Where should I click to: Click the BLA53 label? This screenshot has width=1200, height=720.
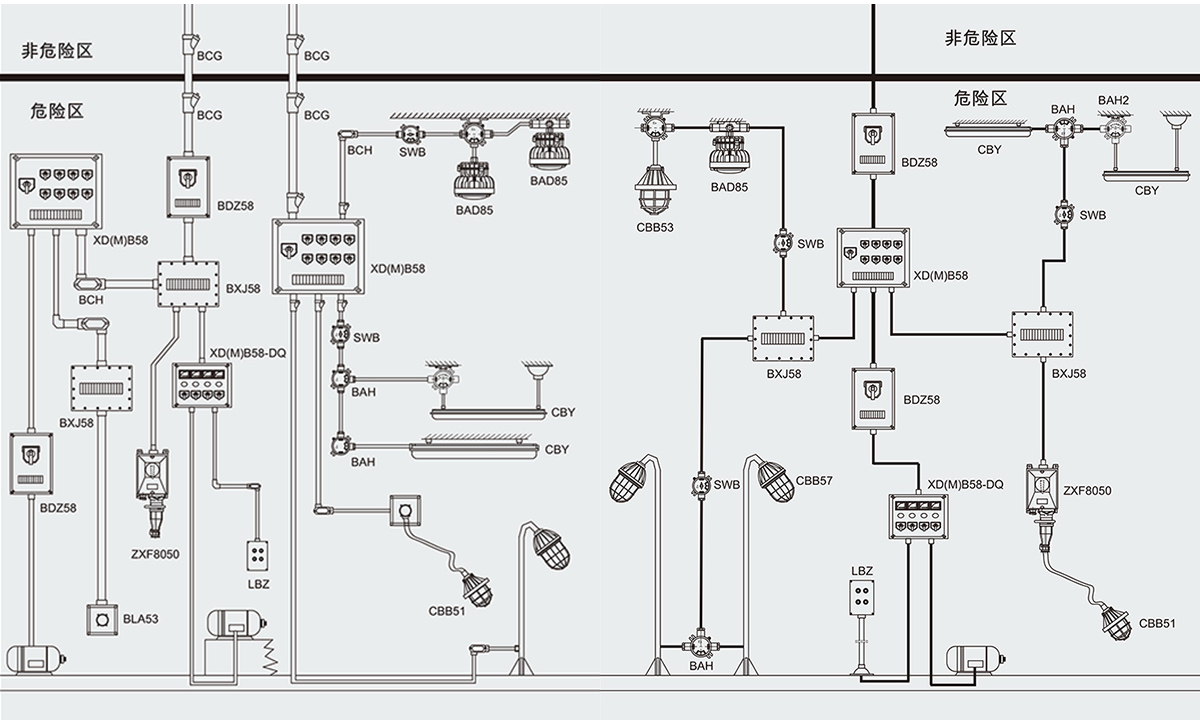141,619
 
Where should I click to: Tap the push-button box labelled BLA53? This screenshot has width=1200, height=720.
101,620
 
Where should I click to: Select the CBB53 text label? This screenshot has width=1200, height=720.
655,227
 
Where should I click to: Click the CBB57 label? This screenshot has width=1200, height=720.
814,481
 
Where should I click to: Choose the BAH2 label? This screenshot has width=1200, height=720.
1113,101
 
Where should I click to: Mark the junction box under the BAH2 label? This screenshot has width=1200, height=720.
1112,127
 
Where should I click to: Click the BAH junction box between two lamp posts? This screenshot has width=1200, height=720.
698,641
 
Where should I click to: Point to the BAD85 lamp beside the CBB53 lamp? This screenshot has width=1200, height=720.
730,155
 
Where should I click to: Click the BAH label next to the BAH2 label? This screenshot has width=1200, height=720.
1063,108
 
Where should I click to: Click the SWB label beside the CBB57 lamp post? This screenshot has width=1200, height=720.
726,485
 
